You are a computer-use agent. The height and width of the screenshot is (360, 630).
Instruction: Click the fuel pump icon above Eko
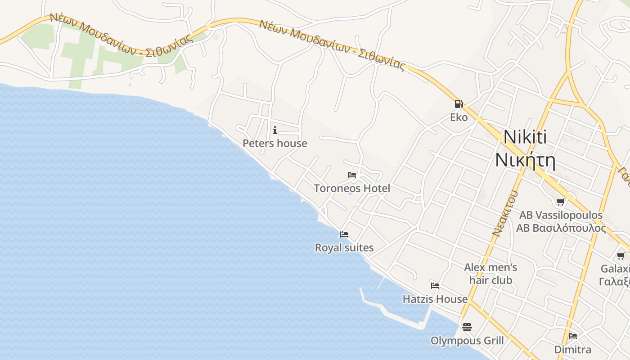(459, 104)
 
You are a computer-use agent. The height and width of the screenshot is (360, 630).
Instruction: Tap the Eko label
(459, 117)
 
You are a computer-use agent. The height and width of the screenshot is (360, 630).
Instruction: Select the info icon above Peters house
(275, 130)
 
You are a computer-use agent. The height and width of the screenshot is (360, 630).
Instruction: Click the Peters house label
(275, 144)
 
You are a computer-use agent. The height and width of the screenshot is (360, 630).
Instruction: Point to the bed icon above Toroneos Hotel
(352, 175)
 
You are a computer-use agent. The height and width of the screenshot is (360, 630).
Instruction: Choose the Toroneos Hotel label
(352, 188)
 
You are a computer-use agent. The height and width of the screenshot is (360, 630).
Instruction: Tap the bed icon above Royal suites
(344, 234)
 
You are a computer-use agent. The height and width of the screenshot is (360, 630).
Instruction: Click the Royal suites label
(344, 247)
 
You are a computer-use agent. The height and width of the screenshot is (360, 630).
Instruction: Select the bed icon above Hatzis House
(435, 286)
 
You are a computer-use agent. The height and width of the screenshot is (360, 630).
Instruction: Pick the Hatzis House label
(435, 299)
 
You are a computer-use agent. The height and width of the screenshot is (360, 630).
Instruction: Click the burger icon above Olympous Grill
(467, 327)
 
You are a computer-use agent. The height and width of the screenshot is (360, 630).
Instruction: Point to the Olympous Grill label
(467, 341)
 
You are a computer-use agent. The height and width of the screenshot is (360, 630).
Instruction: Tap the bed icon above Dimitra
(573, 336)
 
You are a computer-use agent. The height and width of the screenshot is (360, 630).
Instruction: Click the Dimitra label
(572, 350)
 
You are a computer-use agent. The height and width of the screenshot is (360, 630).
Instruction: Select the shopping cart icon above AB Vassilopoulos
(561, 202)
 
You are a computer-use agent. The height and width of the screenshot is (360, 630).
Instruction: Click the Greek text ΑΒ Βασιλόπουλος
(561, 228)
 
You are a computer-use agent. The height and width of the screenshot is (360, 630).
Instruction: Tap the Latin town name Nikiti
(525, 137)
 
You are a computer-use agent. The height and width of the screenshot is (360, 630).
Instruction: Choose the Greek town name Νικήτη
(525, 160)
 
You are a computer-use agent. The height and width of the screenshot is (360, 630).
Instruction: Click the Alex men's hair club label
(490, 274)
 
